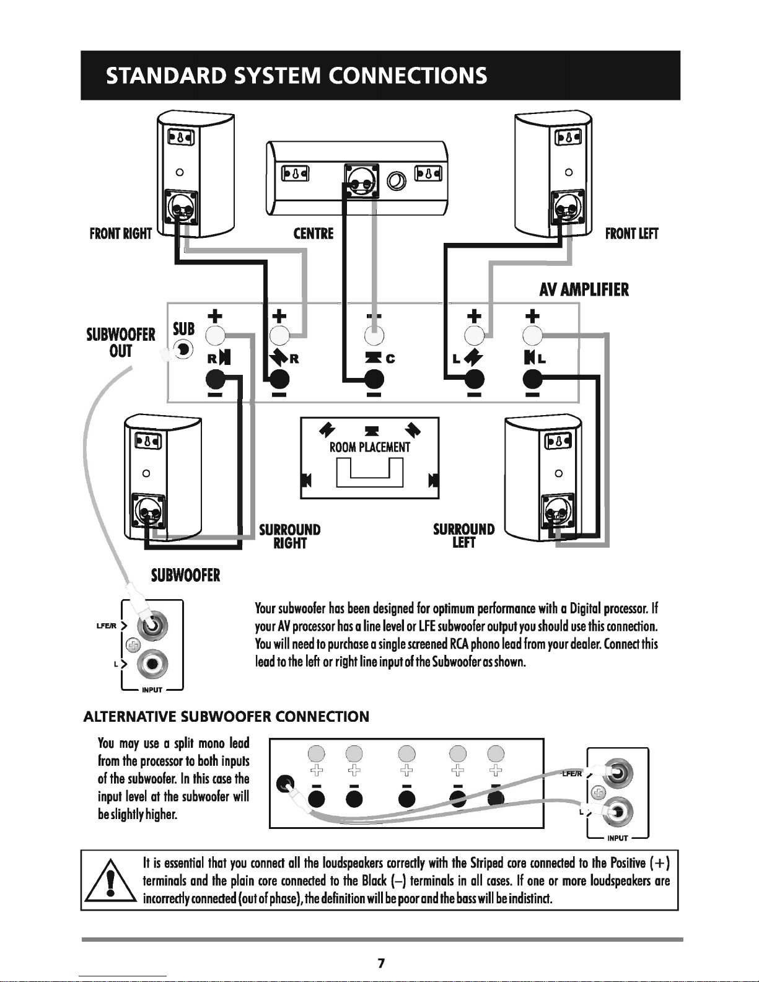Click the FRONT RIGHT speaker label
(121, 234)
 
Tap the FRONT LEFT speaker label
(631, 234)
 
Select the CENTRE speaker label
(314, 234)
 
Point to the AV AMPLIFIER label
(584, 290)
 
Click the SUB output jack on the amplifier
(183, 350)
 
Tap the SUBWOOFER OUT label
(121, 343)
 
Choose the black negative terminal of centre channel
(374, 379)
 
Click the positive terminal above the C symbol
(374, 336)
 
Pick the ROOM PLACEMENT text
(369, 447)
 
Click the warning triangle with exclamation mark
(111, 881)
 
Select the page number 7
(381, 963)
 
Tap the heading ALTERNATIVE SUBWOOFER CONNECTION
(226, 717)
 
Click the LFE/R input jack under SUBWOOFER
(152, 626)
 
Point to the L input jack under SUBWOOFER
(152, 664)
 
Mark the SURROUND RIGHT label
(289, 537)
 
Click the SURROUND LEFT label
(464, 535)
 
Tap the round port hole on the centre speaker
(396, 181)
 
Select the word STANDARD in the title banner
(166, 76)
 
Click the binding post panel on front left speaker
(568, 206)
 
